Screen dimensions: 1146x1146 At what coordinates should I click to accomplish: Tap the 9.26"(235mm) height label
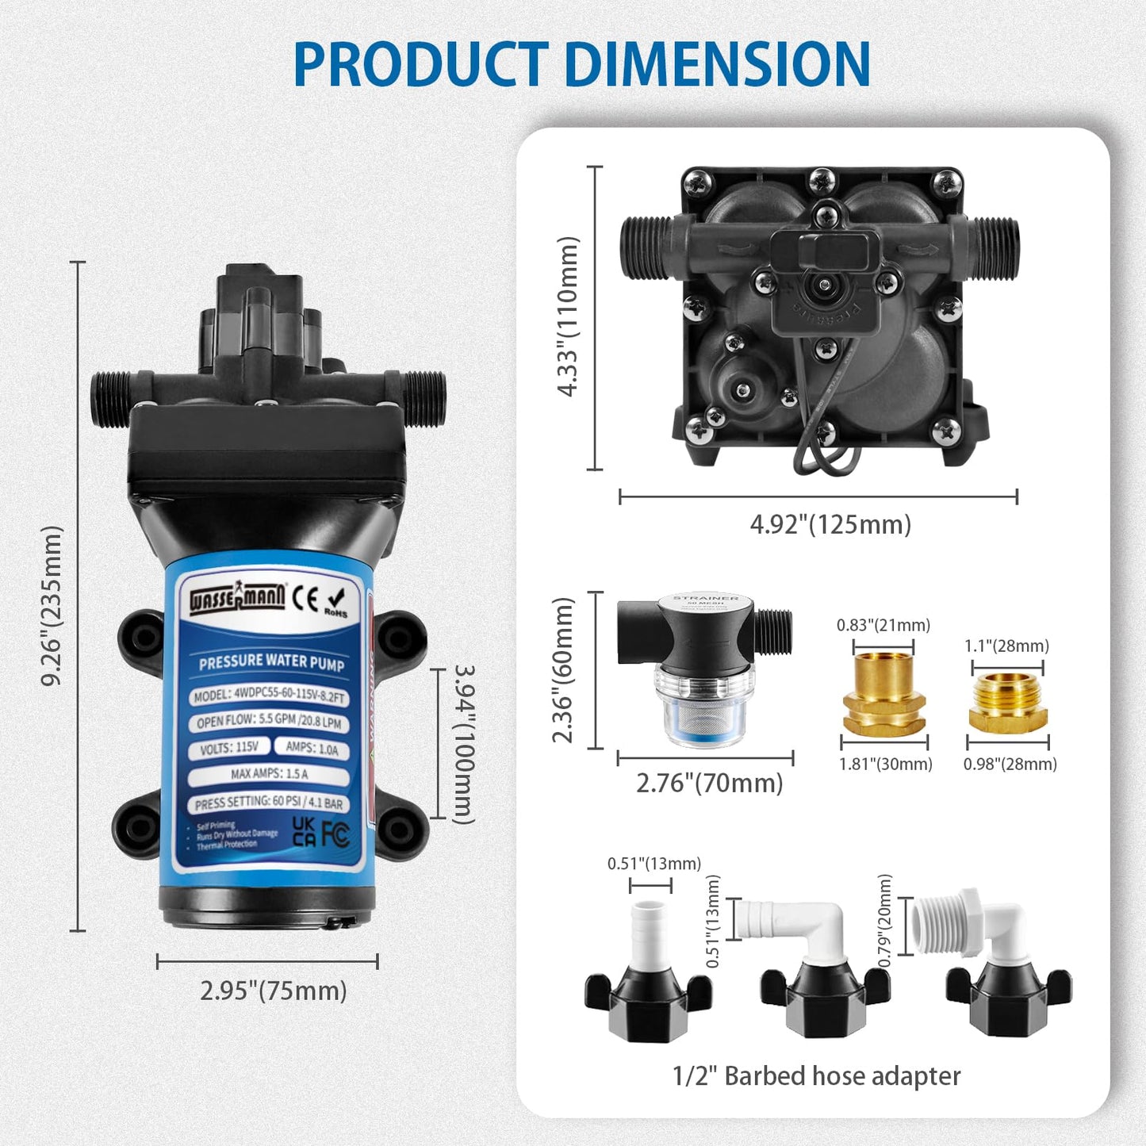[52, 605]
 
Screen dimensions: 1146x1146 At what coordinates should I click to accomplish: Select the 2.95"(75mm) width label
[273, 991]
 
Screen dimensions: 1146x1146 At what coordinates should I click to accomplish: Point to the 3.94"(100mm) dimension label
[465, 744]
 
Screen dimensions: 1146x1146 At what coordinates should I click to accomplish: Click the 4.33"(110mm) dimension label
[569, 316]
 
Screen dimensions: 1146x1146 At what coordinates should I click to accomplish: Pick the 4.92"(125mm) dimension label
[830, 524]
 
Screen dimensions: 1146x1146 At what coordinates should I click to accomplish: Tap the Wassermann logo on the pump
[237, 598]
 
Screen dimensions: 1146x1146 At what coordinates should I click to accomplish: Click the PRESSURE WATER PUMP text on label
[271, 662]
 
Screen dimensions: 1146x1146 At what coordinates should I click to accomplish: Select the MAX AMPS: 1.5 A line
[269, 773]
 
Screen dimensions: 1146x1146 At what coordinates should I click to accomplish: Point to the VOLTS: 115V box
[229, 748]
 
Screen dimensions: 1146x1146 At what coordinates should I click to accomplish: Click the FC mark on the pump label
[335, 834]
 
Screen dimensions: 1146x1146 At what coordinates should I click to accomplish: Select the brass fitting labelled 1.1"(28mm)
[1008, 703]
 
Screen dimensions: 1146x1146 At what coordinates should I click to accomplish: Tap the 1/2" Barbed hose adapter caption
[816, 1076]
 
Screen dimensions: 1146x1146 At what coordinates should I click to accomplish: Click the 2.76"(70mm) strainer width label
[709, 784]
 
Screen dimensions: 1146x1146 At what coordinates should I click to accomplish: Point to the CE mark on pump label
[305, 597]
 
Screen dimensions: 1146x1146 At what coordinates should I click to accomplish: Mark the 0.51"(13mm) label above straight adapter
[654, 864]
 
